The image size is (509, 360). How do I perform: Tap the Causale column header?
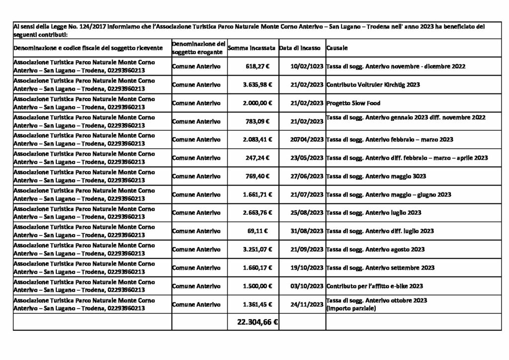(x=337, y=48)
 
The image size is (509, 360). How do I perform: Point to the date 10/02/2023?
(x=307, y=66)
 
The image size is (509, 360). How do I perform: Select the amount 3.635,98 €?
(x=257, y=85)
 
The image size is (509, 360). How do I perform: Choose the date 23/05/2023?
(x=307, y=158)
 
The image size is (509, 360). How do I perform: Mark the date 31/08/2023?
(x=307, y=231)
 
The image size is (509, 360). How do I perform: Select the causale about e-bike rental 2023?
(x=374, y=286)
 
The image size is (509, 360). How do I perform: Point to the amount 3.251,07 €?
(x=257, y=249)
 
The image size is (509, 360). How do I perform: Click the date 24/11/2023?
(x=307, y=304)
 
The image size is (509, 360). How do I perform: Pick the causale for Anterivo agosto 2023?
(x=375, y=249)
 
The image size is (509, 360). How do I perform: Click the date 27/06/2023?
(x=307, y=176)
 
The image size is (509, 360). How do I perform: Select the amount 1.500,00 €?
(x=257, y=286)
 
